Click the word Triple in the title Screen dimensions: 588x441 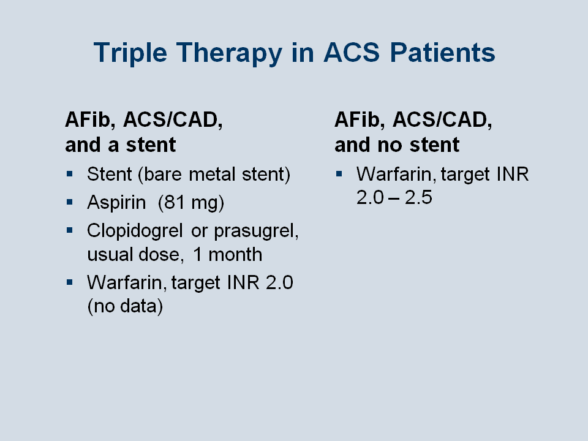(x=130, y=53)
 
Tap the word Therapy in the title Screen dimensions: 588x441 (x=229, y=53)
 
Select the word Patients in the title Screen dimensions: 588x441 (x=442, y=52)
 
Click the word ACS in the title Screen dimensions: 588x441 (x=352, y=52)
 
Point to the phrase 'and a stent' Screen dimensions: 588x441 (x=121, y=145)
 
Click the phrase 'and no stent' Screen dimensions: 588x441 (x=397, y=145)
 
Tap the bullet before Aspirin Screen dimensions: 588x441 (x=69, y=202)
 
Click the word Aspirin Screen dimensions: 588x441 (x=116, y=203)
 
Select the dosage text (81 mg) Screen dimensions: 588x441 (x=191, y=203)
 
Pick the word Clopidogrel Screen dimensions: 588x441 (x=135, y=231)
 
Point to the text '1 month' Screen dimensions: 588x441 (x=227, y=255)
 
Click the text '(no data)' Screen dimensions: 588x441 (x=125, y=306)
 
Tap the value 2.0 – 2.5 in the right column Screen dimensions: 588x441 (x=394, y=197)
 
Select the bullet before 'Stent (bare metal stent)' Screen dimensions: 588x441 (x=69, y=174)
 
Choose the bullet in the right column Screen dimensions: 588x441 (x=339, y=174)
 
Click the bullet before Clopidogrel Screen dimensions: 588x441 (x=69, y=230)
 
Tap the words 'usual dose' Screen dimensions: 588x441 (x=135, y=255)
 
